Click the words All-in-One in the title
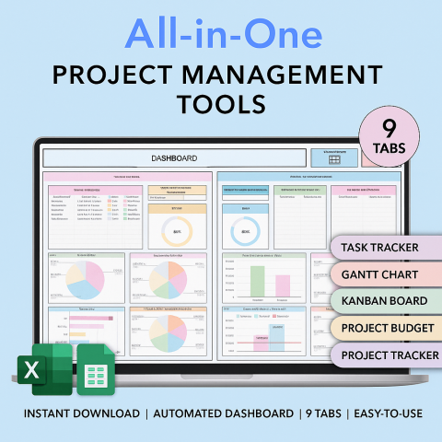tap(222, 34)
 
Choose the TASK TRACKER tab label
tap(379, 248)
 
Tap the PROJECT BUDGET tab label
tap(384, 328)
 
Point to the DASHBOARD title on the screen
tap(174, 158)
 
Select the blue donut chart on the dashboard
tap(245, 229)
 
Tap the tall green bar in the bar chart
tap(257, 280)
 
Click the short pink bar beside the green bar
tap(283, 286)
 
